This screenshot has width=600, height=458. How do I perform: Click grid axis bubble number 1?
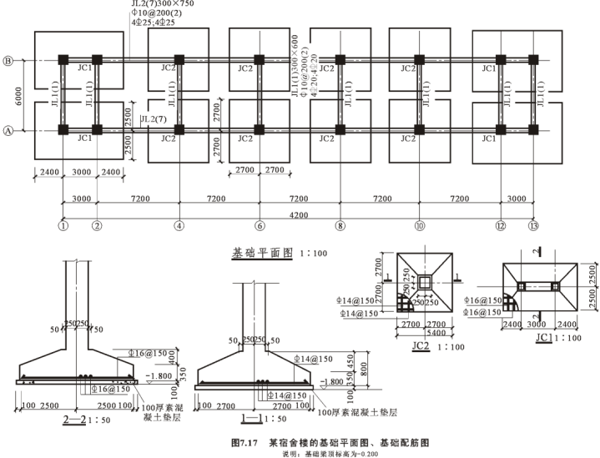click(x=63, y=224)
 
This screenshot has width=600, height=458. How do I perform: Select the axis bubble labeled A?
click(x=8, y=130)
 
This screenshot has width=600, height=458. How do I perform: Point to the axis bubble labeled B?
click(x=8, y=60)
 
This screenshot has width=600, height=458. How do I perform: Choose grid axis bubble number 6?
click(x=260, y=224)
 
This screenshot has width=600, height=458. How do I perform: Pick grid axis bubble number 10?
click(x=419, y=224)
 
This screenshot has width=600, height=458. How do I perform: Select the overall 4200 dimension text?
click(x=298, y=215)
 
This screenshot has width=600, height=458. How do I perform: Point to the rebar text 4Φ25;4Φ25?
click(x=154, y=23)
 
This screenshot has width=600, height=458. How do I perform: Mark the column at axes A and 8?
click(x=340, y=130)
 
